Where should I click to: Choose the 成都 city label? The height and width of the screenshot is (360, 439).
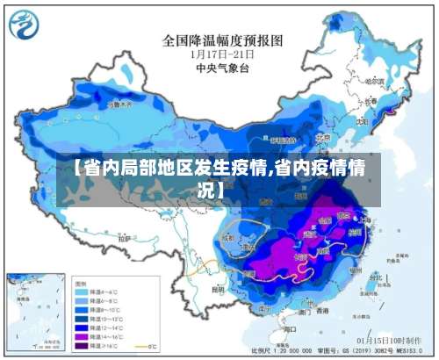coord(227,237)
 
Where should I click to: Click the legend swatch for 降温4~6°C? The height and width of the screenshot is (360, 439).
coord(84,291)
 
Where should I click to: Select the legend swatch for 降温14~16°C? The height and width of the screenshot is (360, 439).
coord(84,335)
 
